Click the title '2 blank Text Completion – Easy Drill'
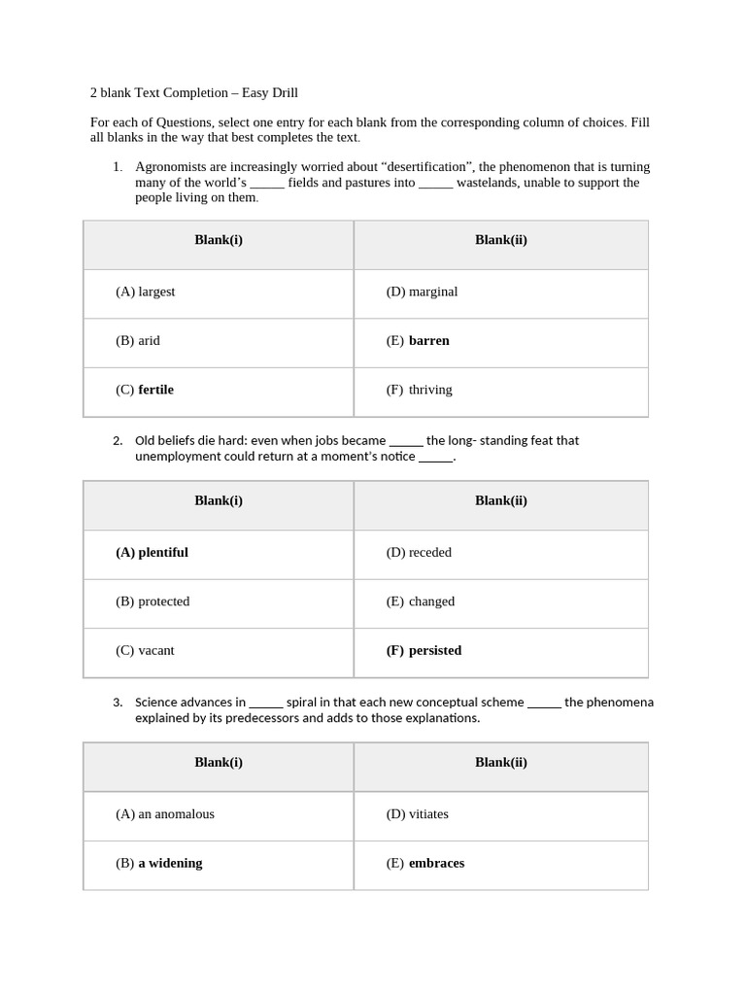tap(193, 93)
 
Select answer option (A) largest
tap(146, 292)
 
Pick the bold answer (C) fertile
tap(145, 390)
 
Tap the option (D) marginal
tap(422, 292)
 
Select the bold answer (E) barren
tap(418, 341)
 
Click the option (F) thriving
tap(419, 390)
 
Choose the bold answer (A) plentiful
tap(152, 553)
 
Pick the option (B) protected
tap(153, 601)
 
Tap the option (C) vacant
tap(145, 651)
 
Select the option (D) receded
tap(419, 553)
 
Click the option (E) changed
tap(420, 601)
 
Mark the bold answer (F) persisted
tap(424, 651)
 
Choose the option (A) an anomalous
tap(165, 814)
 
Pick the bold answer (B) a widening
tap(159, 863)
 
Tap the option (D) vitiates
tap(417, 814)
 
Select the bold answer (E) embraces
tap(424, 863)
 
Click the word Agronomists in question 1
tap(172, 167)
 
